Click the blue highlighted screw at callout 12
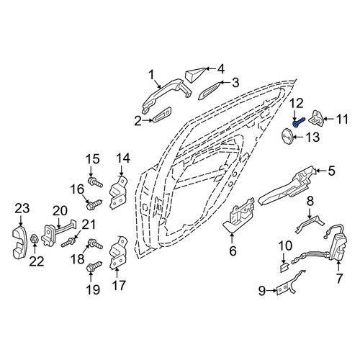pyautogui.click(x=298, y=122)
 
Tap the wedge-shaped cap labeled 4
pyautogui.click(x=195, y=75)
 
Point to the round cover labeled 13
pyautogui.click(x=287, y=137)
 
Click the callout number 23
pyautogui.click(x=22, y=208)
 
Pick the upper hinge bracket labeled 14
pyautogui.click(x=119, y=192)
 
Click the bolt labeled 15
pyautogui.click(x=96, y=182)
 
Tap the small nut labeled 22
pyautogui.click(x=34, y=239)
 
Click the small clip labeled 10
pyautogui.click(x=284, y=267)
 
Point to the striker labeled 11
pyautogui.click(x=318, y=117)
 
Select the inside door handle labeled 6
pyautogui.click(x=238, y=215)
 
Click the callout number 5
pyautogui.click(x=331, y=171)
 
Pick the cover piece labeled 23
pyautogui.click(x=19, y=243)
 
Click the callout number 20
pyautogui.click(x=60, y=211)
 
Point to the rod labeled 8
pyautogui.click(x=309, y=222)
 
